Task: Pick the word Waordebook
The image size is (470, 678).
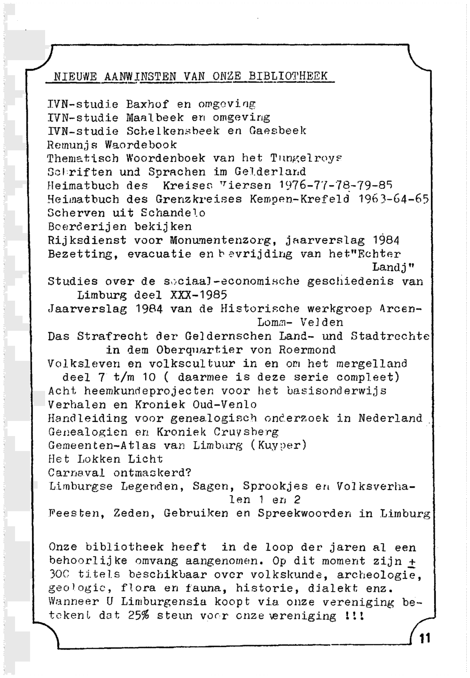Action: (x=141, y=145)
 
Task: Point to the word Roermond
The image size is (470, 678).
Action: (x=307, y=350)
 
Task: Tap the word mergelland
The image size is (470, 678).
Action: (x=371, y=364)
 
